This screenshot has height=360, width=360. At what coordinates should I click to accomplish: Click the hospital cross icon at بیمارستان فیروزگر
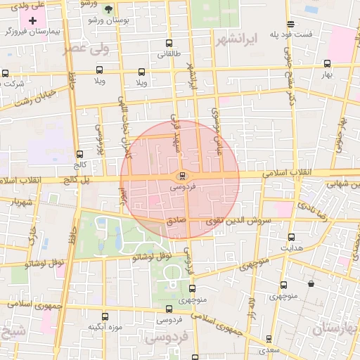click(x=33, y=20)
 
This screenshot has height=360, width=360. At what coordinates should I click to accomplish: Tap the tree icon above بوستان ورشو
click(x=108, y=9)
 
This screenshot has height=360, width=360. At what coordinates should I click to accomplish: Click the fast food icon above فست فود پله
click(x=290, y=24)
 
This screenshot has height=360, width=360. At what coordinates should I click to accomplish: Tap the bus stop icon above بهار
click(x=326, y=62)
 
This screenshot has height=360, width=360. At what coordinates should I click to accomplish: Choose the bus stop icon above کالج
click(x=79, y=154)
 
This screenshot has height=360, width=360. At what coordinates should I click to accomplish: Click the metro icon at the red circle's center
click(x=182, y=176)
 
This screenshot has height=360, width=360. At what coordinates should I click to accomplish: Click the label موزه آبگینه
click(x=105, y=328)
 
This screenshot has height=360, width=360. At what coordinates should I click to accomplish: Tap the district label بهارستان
click(x=335, y=328)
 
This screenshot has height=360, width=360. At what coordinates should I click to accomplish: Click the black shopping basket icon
click(x=311, y=284)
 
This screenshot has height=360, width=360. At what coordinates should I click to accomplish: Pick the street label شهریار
click(x=21, y=204)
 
